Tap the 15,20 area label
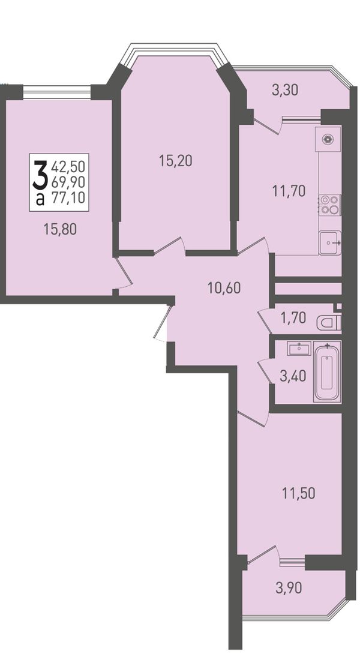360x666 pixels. [175, 161]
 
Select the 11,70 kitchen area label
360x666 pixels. [289, 191]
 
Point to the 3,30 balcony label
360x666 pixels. [284, 89]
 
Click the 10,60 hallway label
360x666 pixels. [224, 288]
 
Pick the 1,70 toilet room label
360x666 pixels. [293, 318]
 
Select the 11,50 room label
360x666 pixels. [299, 494]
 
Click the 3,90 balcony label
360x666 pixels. [289, 588]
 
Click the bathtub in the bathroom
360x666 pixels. [327, 372]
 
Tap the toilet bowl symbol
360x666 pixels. [329, 323]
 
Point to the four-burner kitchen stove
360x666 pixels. [330, 205]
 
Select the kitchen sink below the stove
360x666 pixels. [330, 242]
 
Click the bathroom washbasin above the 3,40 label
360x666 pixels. [300, 349]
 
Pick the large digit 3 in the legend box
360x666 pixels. [40, 175]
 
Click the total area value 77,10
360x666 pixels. [68, 197]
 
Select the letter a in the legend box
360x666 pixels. [40, 199]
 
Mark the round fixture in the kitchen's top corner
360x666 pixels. [328, 139]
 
